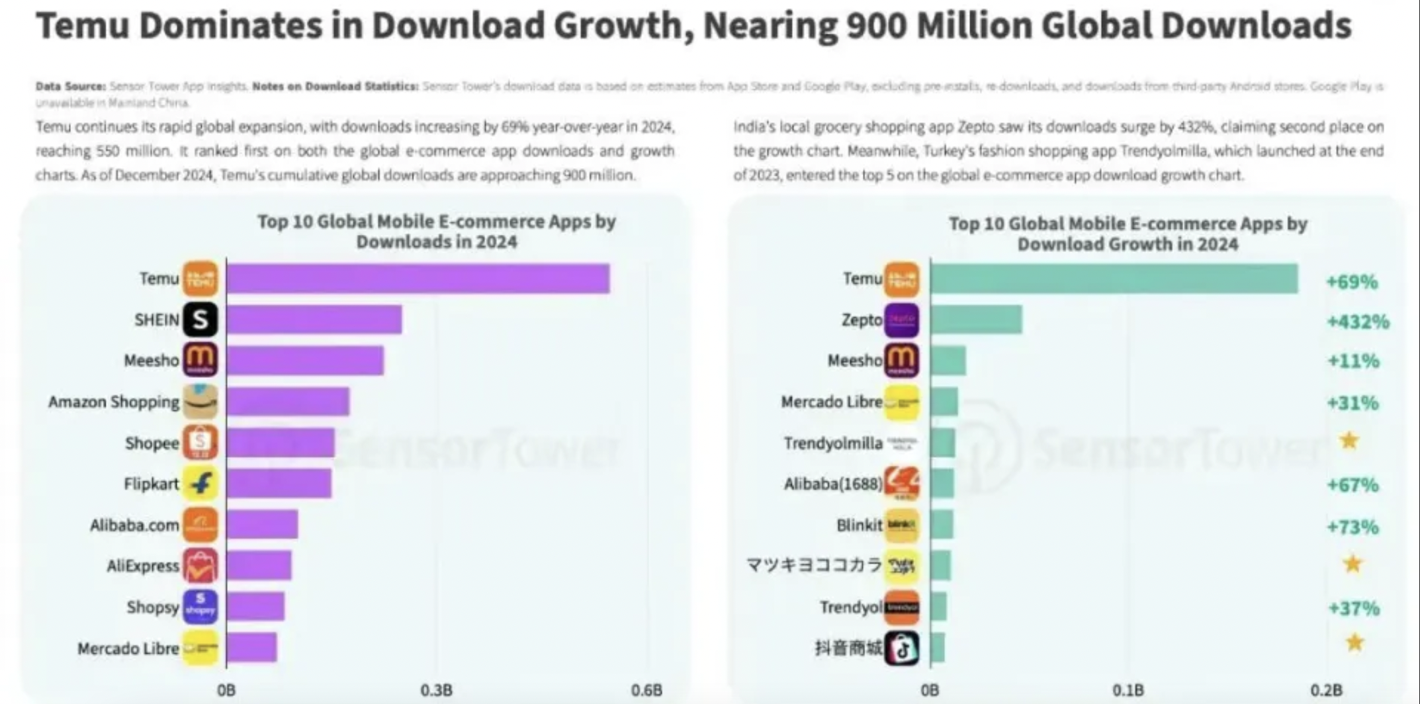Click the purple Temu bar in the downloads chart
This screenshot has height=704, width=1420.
[x=418, y=279]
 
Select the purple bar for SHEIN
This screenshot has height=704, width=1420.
[x=314, y=320]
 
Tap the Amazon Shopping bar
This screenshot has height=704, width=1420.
[x=288, y=402]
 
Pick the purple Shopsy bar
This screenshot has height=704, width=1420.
[x=255, y=606]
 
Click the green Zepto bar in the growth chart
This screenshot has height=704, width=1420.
[x=975, y=320]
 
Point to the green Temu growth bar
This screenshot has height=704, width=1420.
[x=1114, y=279]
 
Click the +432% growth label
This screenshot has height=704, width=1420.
[x=1358, y=322]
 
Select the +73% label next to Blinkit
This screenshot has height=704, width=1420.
[x=1353, y=527]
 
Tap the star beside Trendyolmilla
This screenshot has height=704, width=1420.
[x=1349, y=441]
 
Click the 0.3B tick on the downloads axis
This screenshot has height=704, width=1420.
[x=436, y=690]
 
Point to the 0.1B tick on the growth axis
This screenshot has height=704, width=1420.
[x=1128, y=690]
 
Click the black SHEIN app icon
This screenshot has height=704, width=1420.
[x=200, y=320]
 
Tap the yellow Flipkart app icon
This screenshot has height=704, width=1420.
[x=200, y=484]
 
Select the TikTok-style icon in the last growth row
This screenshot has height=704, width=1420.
[x=902, y=648]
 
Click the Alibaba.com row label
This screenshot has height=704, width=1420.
[x=134, y=525]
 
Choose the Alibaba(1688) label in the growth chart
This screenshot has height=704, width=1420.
[x=832, y=484]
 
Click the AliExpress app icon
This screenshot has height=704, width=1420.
[x=200, y=566]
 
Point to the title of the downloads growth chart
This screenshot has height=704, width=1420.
[x=1128, y=234]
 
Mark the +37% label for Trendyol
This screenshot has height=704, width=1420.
[x=1354, y=608]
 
